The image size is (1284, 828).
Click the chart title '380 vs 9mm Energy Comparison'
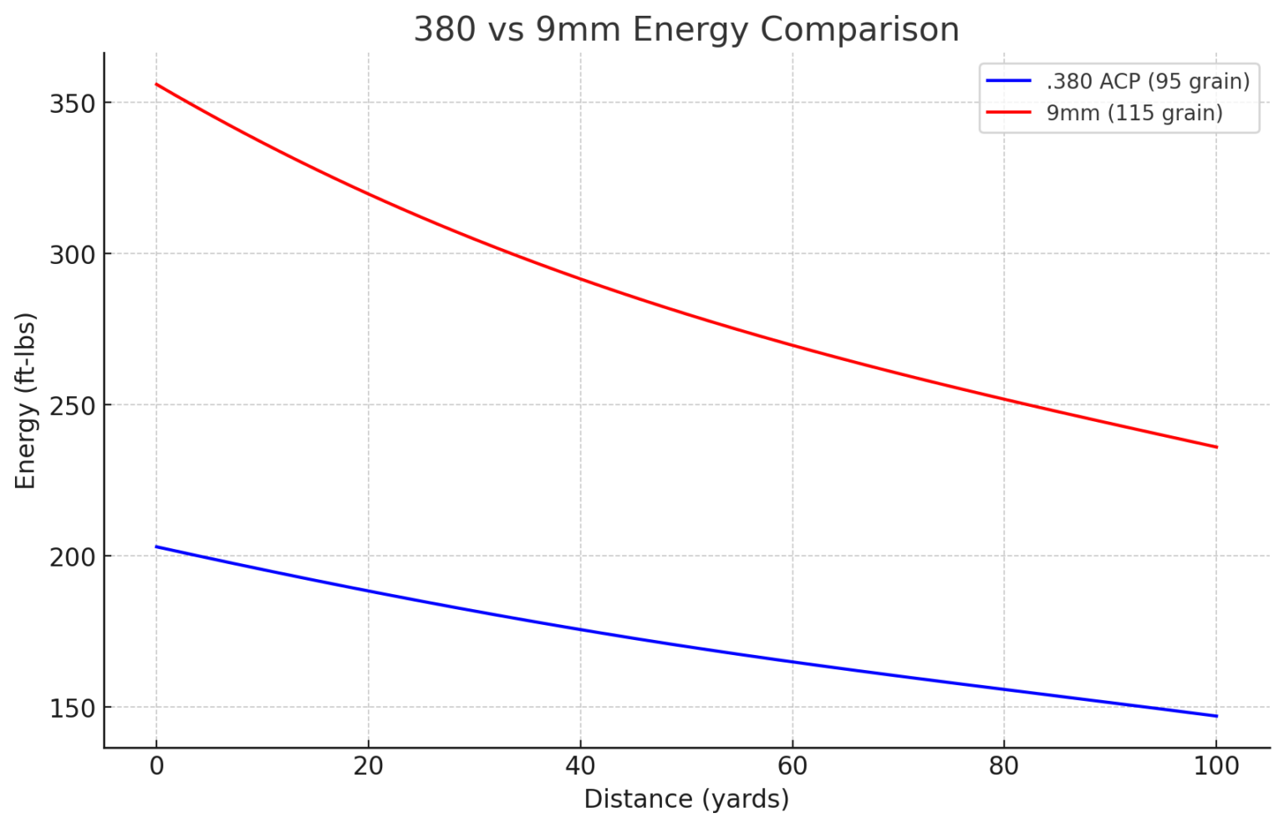[x=685, y=30]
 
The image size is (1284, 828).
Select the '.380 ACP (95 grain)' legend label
[x=1148, y=81]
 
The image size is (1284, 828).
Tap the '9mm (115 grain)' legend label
[x=1134, y=113]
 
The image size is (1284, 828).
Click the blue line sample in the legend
[x=1009, y=81]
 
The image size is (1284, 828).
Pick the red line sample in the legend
[x=1009, y=113]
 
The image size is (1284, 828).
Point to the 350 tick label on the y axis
[x=71, y=104]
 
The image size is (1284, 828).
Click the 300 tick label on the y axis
[x=71, y=255]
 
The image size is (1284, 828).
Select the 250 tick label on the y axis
[x=71, y=405]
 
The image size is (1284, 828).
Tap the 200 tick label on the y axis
[x=71, y=556]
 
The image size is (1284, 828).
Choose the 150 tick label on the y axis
[x=71, y=708]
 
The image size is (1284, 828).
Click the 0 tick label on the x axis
[x=156, y=766]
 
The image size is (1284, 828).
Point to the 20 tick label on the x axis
[x=368, y=766]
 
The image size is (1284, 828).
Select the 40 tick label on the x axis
[x=580, y=766]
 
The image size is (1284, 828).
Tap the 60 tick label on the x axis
[x=792, y=766]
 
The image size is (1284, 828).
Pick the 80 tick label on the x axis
[x=1004, y=766]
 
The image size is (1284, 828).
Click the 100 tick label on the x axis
[x=1216, y=766]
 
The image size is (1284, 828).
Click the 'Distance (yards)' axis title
[x=686, y=800]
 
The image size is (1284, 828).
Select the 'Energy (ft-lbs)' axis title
[x=26, y=401]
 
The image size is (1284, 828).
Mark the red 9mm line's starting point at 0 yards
[x=156, y=84]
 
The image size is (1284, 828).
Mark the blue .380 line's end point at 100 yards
[x=1216, y=716]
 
